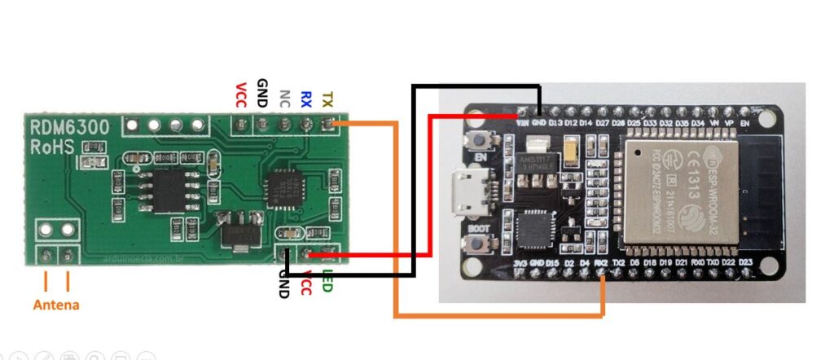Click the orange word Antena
(x=56, y=305)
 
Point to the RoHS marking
(x=53, y=147)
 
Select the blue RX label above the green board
(x=306, y=99)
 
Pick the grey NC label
(x=284, y=99)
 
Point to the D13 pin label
(x=555, y=122)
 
